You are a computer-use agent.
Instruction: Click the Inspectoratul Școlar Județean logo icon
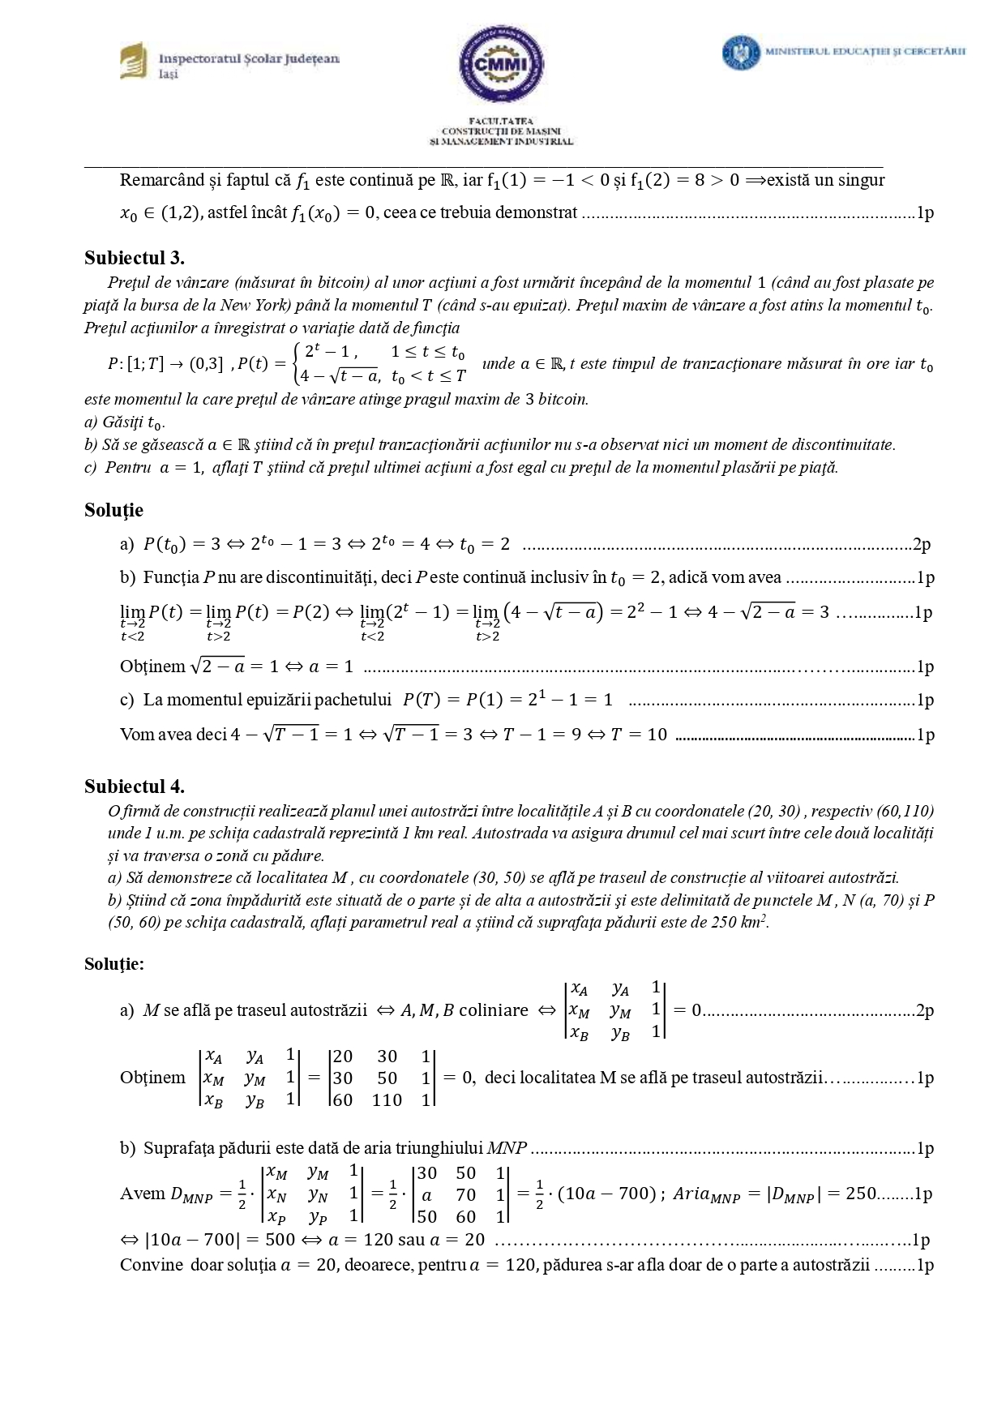tap(133, 62)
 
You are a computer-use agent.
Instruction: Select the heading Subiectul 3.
tap(135, 258)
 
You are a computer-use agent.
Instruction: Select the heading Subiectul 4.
tap(135, 786)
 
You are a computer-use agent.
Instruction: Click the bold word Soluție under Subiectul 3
tap(113, 510)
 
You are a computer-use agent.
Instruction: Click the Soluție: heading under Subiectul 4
tap(114, 963)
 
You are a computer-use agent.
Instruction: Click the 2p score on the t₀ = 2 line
tap(922, 545)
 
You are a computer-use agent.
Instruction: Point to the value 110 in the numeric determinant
tap(387, 1100)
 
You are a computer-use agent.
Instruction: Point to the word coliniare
tap(494, 1010)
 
